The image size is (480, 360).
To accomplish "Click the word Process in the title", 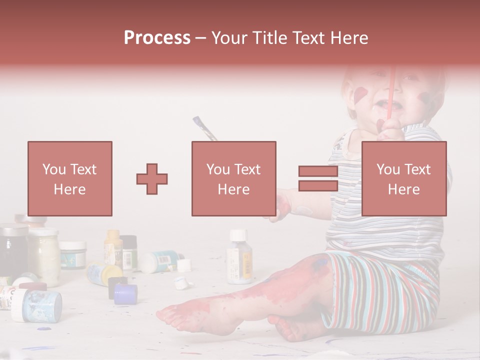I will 157,38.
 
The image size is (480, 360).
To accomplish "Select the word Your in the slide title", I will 230,38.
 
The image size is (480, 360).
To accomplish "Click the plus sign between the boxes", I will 152,178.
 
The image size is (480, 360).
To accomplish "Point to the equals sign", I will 318,178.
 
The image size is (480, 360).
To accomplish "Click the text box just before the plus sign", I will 70,178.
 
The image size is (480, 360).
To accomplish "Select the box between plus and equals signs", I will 234,178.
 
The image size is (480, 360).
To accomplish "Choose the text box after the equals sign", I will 404,178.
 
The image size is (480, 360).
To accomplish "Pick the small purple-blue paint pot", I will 125,294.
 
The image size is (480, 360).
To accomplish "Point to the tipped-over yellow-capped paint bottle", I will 104,272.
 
